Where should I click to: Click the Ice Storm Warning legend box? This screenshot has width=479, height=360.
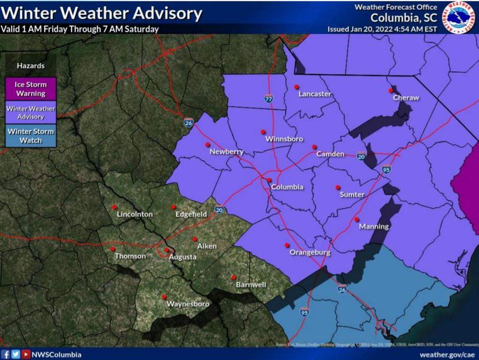tap(30, 89)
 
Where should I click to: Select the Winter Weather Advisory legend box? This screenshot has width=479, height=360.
tap(30, 113)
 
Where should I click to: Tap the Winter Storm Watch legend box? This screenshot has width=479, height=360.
tap(30, 136)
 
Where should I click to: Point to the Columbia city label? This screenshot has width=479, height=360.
tap(287, 187)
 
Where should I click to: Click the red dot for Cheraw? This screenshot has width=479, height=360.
tap(390, 90)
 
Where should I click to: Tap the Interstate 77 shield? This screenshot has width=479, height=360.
tap(268, 99)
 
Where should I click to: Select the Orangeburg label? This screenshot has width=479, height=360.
tap(310, 252)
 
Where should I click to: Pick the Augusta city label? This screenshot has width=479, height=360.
tap(182, 257)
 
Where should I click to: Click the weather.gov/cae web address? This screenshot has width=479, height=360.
tap(448, 355)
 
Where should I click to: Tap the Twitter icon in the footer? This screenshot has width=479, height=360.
tap(16, 355)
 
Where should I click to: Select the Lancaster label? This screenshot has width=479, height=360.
tap(315, 94)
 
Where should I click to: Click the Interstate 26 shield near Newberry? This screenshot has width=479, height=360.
tap(188, 122)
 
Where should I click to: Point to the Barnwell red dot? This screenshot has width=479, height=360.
tap(234, 277)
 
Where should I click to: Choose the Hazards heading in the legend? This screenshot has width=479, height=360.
tap(30, 66)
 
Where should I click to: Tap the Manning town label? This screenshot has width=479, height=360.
tap(374, 226)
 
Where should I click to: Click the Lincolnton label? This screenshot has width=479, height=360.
tap(134, 214)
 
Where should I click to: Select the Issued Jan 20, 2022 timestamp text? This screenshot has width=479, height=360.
tap(382, 29)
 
